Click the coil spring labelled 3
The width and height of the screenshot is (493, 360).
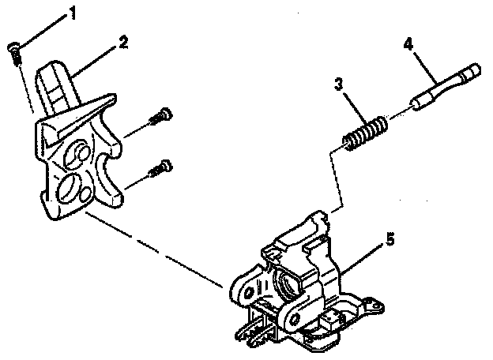[365, 132]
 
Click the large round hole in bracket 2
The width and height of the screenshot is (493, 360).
[67, 189]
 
